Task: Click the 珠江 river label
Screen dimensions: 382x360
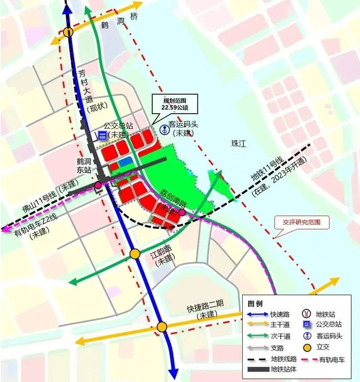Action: (239, 145)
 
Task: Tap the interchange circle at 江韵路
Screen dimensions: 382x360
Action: (135, 253)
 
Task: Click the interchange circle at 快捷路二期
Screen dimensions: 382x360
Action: (162, 327)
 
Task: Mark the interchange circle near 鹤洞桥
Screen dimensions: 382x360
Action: (69, 31)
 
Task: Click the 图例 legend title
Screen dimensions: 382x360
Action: (255, 303)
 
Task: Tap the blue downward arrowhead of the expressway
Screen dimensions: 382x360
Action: (173, 373)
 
